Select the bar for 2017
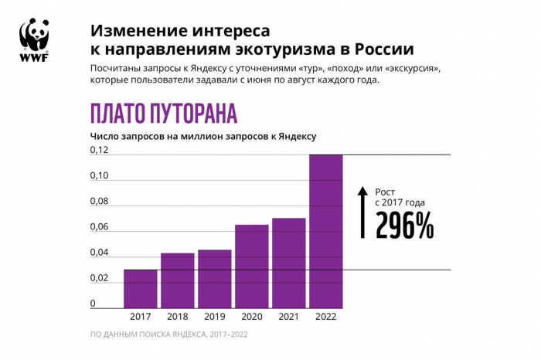click(140, 288)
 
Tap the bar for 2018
click(177, 280)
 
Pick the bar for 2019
click(214, 279)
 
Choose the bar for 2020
click(251, 266)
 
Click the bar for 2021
click(288, 263)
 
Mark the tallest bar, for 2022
click(325, 231)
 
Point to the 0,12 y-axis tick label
click(99, 150)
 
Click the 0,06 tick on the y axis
click(99, 227)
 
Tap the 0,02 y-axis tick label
click(99, 278)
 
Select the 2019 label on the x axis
click(214, 317)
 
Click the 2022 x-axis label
click(325, 317)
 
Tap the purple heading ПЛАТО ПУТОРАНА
click(163, 113)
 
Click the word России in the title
click(383, 50)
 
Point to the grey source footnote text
click(168, 335)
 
